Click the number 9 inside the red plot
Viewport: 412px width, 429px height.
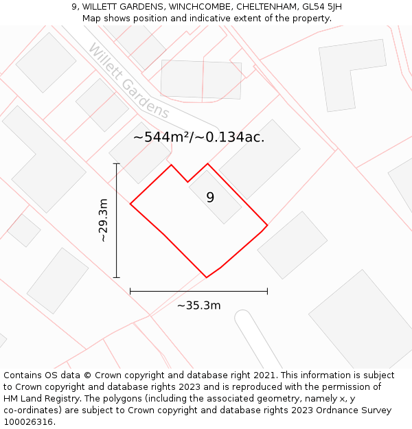click(210, 198)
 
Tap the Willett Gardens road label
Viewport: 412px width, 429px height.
click(128, 81)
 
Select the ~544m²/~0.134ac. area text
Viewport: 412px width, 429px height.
click(198, 137)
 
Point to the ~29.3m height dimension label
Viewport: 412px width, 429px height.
click(103, 220)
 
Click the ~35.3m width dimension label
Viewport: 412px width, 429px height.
click(198, 305)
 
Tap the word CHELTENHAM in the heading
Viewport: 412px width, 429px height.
click(263, 7)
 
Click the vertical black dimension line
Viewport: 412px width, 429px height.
click(117, 220)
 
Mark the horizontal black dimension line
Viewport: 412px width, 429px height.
click(198, 292)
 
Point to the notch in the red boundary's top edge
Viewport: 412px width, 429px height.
click(188, 182)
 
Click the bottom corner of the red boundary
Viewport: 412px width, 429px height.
click(207, 277)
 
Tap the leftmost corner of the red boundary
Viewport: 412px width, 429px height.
click(130, 204)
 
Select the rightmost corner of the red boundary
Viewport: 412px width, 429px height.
click(267, 225)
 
